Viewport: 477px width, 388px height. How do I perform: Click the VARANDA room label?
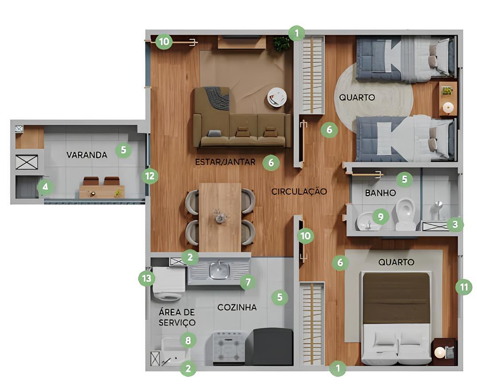click(87, 155)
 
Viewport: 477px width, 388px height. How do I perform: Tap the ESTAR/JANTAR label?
click(225, 162)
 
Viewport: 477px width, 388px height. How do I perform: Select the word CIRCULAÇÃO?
click(299, 192)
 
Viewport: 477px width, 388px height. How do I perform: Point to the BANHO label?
click(380, 193)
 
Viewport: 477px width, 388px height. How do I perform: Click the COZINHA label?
click(237, 307)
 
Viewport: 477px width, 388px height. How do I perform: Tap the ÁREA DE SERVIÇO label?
click(177, 317)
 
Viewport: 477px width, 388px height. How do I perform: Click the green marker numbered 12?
click(150, 176)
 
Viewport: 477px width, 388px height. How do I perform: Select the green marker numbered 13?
click(147, 278)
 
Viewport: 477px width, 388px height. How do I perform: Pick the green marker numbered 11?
click(464, 287)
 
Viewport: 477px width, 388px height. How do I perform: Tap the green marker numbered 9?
click(380, 217)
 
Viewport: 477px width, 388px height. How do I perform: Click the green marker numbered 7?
click(248, 282)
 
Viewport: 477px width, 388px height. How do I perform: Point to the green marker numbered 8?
click(188, 340)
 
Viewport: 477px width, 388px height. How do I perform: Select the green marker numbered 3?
click(455, 225)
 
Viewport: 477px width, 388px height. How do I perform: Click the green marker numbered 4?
click(45, 187)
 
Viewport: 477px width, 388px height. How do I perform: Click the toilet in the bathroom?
click(406, 214)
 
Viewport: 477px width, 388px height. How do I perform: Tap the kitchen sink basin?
click(219, 270)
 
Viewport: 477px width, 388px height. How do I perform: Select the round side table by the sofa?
click(277, 97)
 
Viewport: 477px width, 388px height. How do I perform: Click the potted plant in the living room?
click(281, 44)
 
